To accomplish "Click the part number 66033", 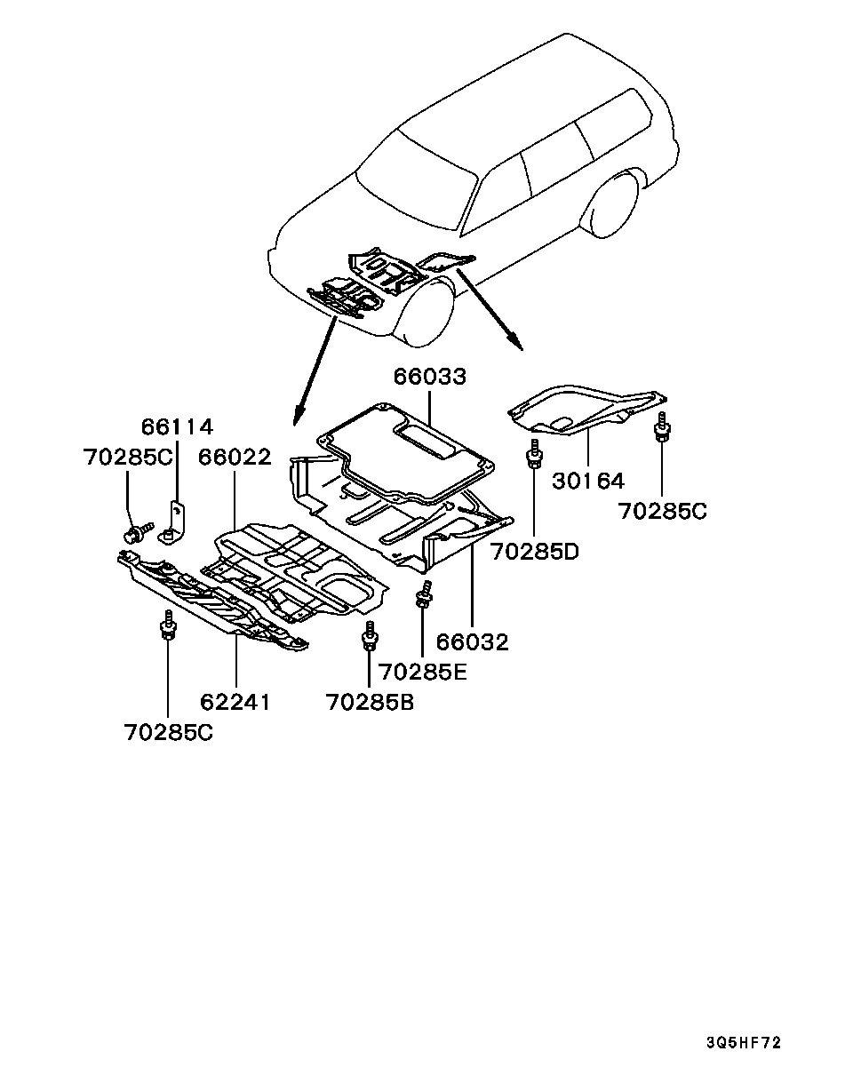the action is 430,377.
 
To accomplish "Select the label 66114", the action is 177,427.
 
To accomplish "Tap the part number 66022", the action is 235,457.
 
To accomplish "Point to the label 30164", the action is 588,481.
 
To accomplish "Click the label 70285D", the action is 535,552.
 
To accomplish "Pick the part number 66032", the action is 472,642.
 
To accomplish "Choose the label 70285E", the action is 423,673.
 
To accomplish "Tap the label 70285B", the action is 371,703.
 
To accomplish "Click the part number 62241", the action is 235,703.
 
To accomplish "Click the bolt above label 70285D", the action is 534,453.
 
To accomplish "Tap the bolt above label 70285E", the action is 424,594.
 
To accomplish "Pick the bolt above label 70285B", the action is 370,636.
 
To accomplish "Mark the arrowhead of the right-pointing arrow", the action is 517,344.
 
